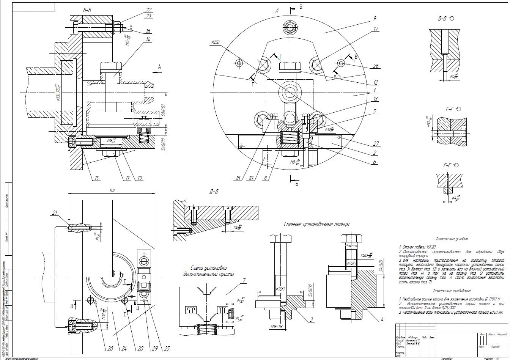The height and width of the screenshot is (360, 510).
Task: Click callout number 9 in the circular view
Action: (x=374, y=18)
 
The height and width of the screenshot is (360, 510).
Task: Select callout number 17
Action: (x=376, y=29)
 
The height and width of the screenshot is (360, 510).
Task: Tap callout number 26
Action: (x=376, y=66)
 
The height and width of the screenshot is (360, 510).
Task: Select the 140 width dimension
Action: (x=112, y=190)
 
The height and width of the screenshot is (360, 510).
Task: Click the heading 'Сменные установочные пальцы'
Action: (x=316, y=224)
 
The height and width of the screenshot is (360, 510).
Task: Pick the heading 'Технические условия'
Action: (x=452, y=239)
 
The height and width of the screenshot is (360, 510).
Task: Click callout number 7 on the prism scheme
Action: (x=244, y=281)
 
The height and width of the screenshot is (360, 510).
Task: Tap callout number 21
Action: (x=55, y=213)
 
